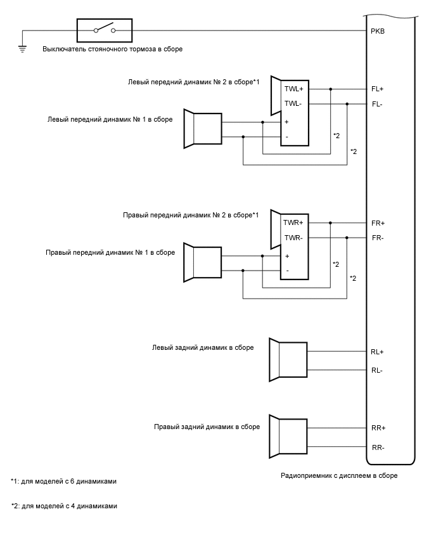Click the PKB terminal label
tap(378, 31)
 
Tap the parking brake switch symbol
tap(105, 29)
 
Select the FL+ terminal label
tap(378, 89)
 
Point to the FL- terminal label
tap(377, 104)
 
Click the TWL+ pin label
tap(294, 89)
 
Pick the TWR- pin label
tap(293, 238)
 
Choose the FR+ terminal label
tap(378, 223)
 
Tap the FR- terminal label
tap(378, 238)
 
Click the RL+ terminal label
tap(378, 352)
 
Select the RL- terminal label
tap(377, 370)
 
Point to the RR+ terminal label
tap(378, 428)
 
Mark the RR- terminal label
tap(378, 447)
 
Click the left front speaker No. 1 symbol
tap(203, 129)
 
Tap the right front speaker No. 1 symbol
tap(203, 262)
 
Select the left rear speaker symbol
tap(288, 360)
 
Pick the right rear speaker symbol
tap(288, 437)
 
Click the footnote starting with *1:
tap(63, 482)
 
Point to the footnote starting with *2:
tap(64, 506)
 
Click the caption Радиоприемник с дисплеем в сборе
tap(339, 475)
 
